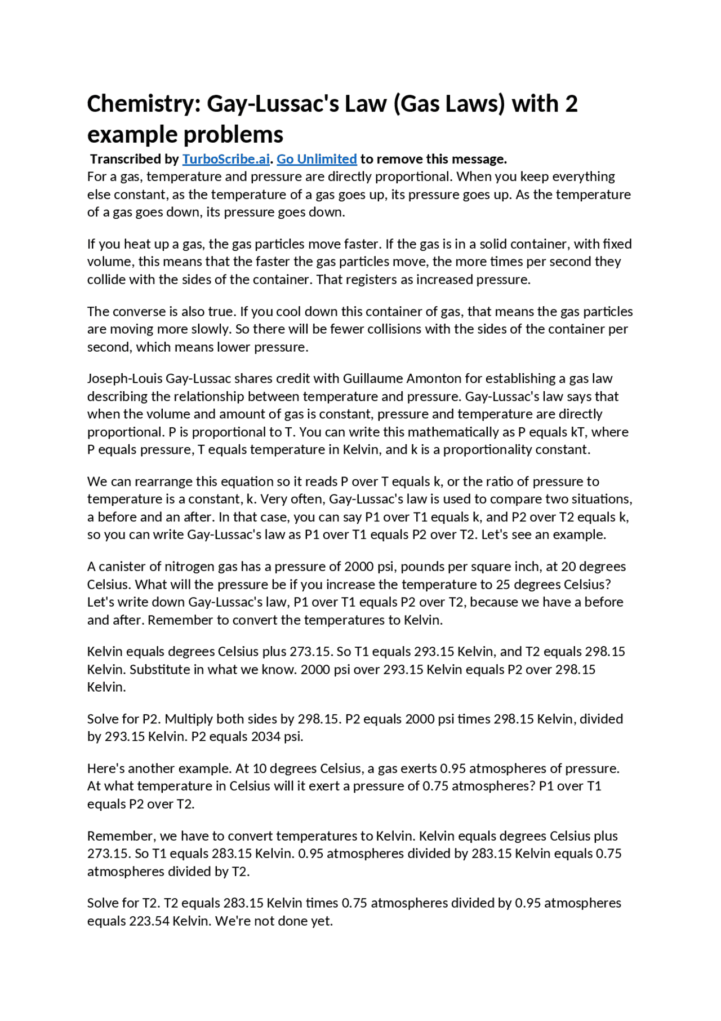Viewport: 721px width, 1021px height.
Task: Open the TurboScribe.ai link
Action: tap(226, 159)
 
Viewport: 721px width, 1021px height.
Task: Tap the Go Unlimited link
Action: tap(317, 159)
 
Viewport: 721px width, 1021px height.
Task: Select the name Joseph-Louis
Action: tap(124, 378)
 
